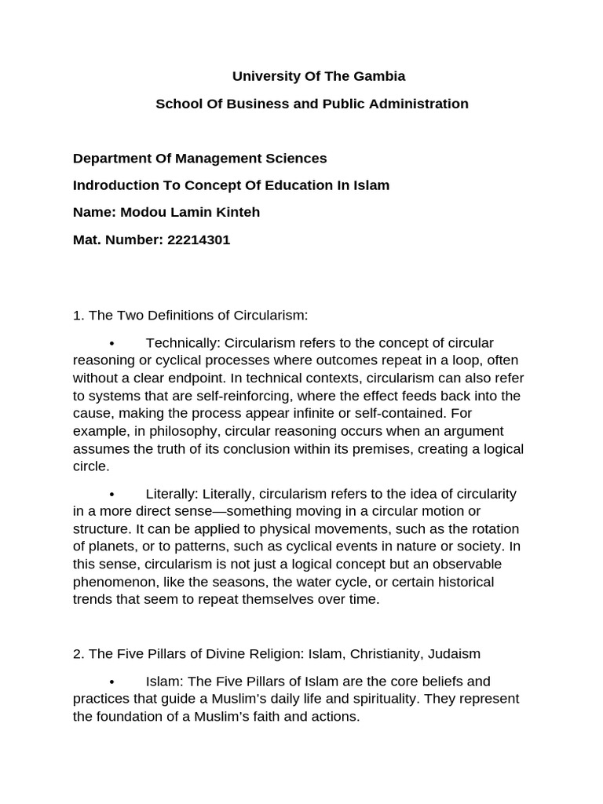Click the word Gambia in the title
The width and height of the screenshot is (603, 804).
click(x=380, y=76)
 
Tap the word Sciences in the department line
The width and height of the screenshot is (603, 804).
click(x=295, y=158)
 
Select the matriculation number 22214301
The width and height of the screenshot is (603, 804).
click(x=199, y=239)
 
